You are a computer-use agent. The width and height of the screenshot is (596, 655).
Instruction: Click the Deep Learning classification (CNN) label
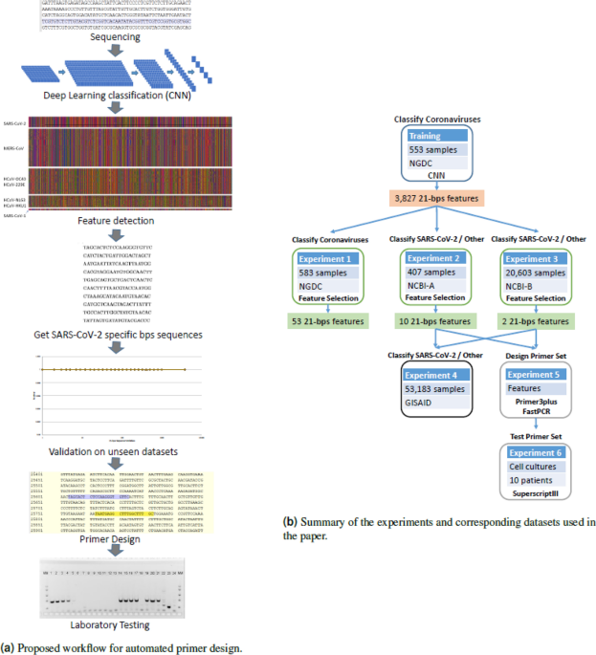(115, 96)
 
